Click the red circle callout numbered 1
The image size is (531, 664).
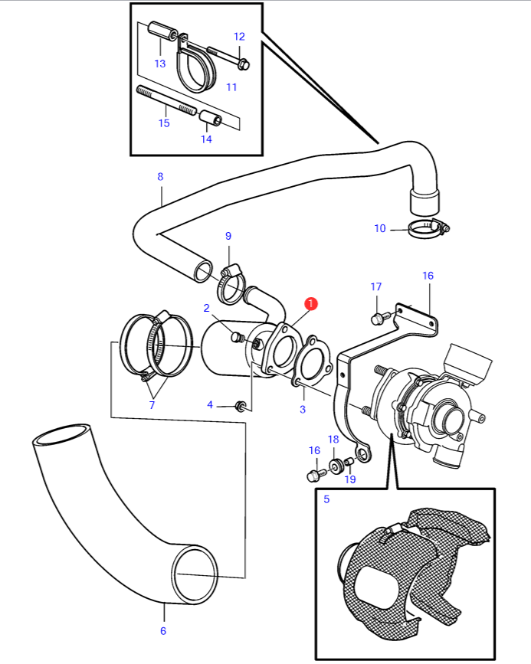tap(311, 303)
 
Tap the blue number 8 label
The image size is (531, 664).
tap(160, 177)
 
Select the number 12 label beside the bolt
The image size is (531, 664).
tap(239, 37)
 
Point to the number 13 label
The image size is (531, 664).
tap(160, 64)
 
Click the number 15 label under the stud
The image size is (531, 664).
tap(164, 123)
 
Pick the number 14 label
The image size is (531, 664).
tap(206, 139)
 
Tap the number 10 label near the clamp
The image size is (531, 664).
tap(380, 229)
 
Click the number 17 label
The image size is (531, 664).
tap(376, 286)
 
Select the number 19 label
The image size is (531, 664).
tap(350, 479)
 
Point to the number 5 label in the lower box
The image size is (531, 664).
tap(326, 499)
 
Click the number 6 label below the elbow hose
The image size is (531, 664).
tap(163, 631)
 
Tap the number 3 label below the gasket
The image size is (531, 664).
tap(303, 410)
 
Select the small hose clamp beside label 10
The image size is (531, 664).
tap(428, 229)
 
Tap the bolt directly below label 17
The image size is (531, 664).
tap(381, 318)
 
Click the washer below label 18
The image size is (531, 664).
tap(337, 466)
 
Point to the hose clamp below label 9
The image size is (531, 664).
tap(231, 285)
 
